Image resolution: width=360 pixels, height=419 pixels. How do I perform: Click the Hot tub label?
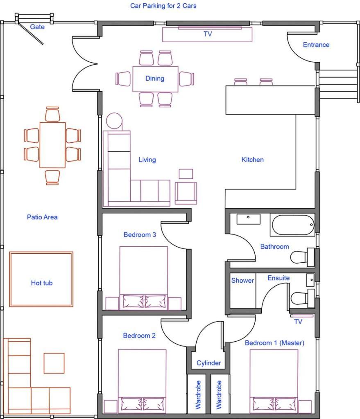[42, 283]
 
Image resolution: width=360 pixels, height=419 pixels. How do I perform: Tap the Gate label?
[37, 27]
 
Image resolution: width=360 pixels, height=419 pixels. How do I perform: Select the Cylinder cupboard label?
[208, 363]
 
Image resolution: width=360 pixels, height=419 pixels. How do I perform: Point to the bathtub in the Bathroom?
[292, 225]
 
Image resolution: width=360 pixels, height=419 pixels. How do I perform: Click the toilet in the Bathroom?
[302, 257]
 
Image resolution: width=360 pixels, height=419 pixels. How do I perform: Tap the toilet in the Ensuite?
[302, 298]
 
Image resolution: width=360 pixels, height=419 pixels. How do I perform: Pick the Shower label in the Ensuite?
[242, 280]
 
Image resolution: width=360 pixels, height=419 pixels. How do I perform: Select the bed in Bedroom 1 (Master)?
[274, 381]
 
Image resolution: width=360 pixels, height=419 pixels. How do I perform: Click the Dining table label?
[154, 78]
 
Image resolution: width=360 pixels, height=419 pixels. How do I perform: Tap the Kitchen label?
[252, 160]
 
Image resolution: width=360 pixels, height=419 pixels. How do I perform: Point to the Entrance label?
[316, 45]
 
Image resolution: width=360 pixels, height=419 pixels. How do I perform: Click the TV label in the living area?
[208, 34]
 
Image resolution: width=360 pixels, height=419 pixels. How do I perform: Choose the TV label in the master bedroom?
[298, 322]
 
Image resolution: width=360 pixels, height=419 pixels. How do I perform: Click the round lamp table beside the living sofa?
[114, 121]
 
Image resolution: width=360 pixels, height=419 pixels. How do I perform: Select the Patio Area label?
[42, 217]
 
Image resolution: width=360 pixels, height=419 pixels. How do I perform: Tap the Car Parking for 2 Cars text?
[163, 6]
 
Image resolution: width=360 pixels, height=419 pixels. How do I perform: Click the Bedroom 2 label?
[139, 336]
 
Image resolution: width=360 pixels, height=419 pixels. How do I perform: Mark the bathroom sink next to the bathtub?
[249, 219]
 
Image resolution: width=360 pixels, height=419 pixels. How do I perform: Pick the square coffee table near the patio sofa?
[54, 363]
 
